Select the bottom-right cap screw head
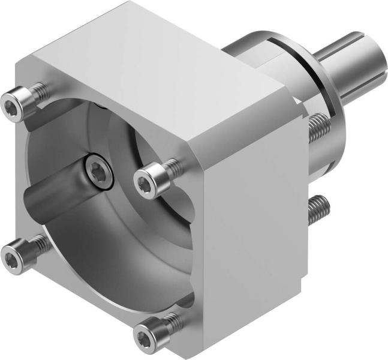tap(147, 331)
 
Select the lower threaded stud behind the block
tap(318, 207)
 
